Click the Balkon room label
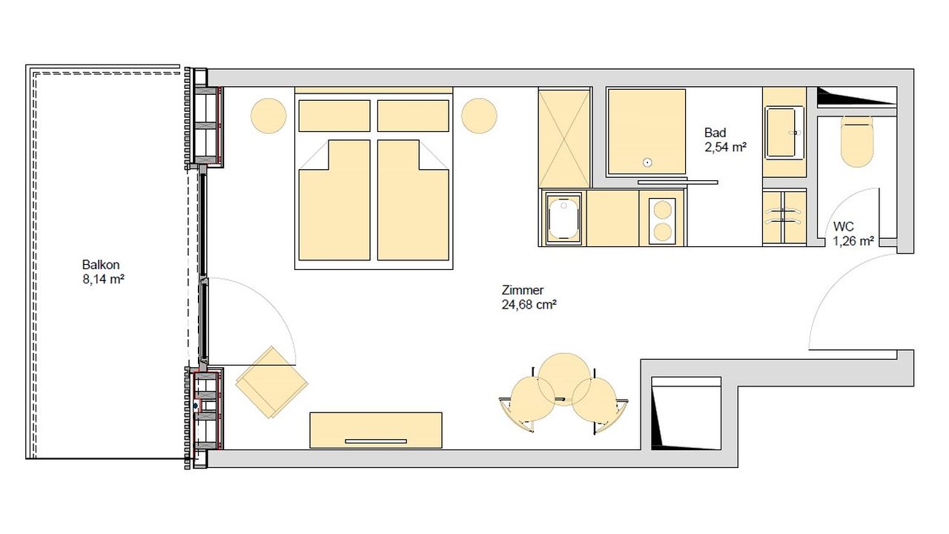[x=101, y=265]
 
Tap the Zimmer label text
[x=523, y=290]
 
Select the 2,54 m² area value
[x=725, y=148]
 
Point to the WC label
[x=844, y=226]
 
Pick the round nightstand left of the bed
[x=268, y=116]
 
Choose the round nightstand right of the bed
[x=479, y=116]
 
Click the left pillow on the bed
[x=334, y=116]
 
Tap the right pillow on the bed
[x=413, y=116]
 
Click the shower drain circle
[x=647, y=162]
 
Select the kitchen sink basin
[x=563, y=219]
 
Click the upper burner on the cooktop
[x=663, y=210]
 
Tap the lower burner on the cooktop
[x=663, y=232]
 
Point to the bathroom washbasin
[x=784, y=133]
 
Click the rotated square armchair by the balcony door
[x=271, y=382]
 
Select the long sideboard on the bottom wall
[x=376, y=430]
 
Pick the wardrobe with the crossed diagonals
[x=564, y=139]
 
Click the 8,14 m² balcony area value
[x=103, y=280]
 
